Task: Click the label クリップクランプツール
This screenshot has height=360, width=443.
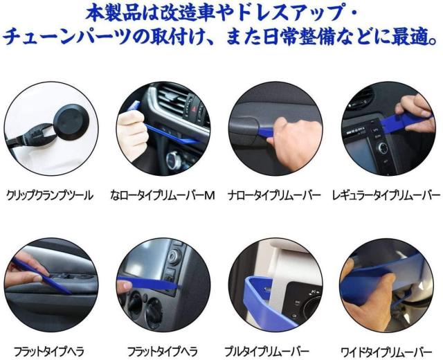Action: click(49, 195)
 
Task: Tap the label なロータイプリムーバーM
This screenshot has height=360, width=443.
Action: click(163, 195)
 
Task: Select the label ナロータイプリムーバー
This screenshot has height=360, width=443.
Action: click(275, 195)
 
